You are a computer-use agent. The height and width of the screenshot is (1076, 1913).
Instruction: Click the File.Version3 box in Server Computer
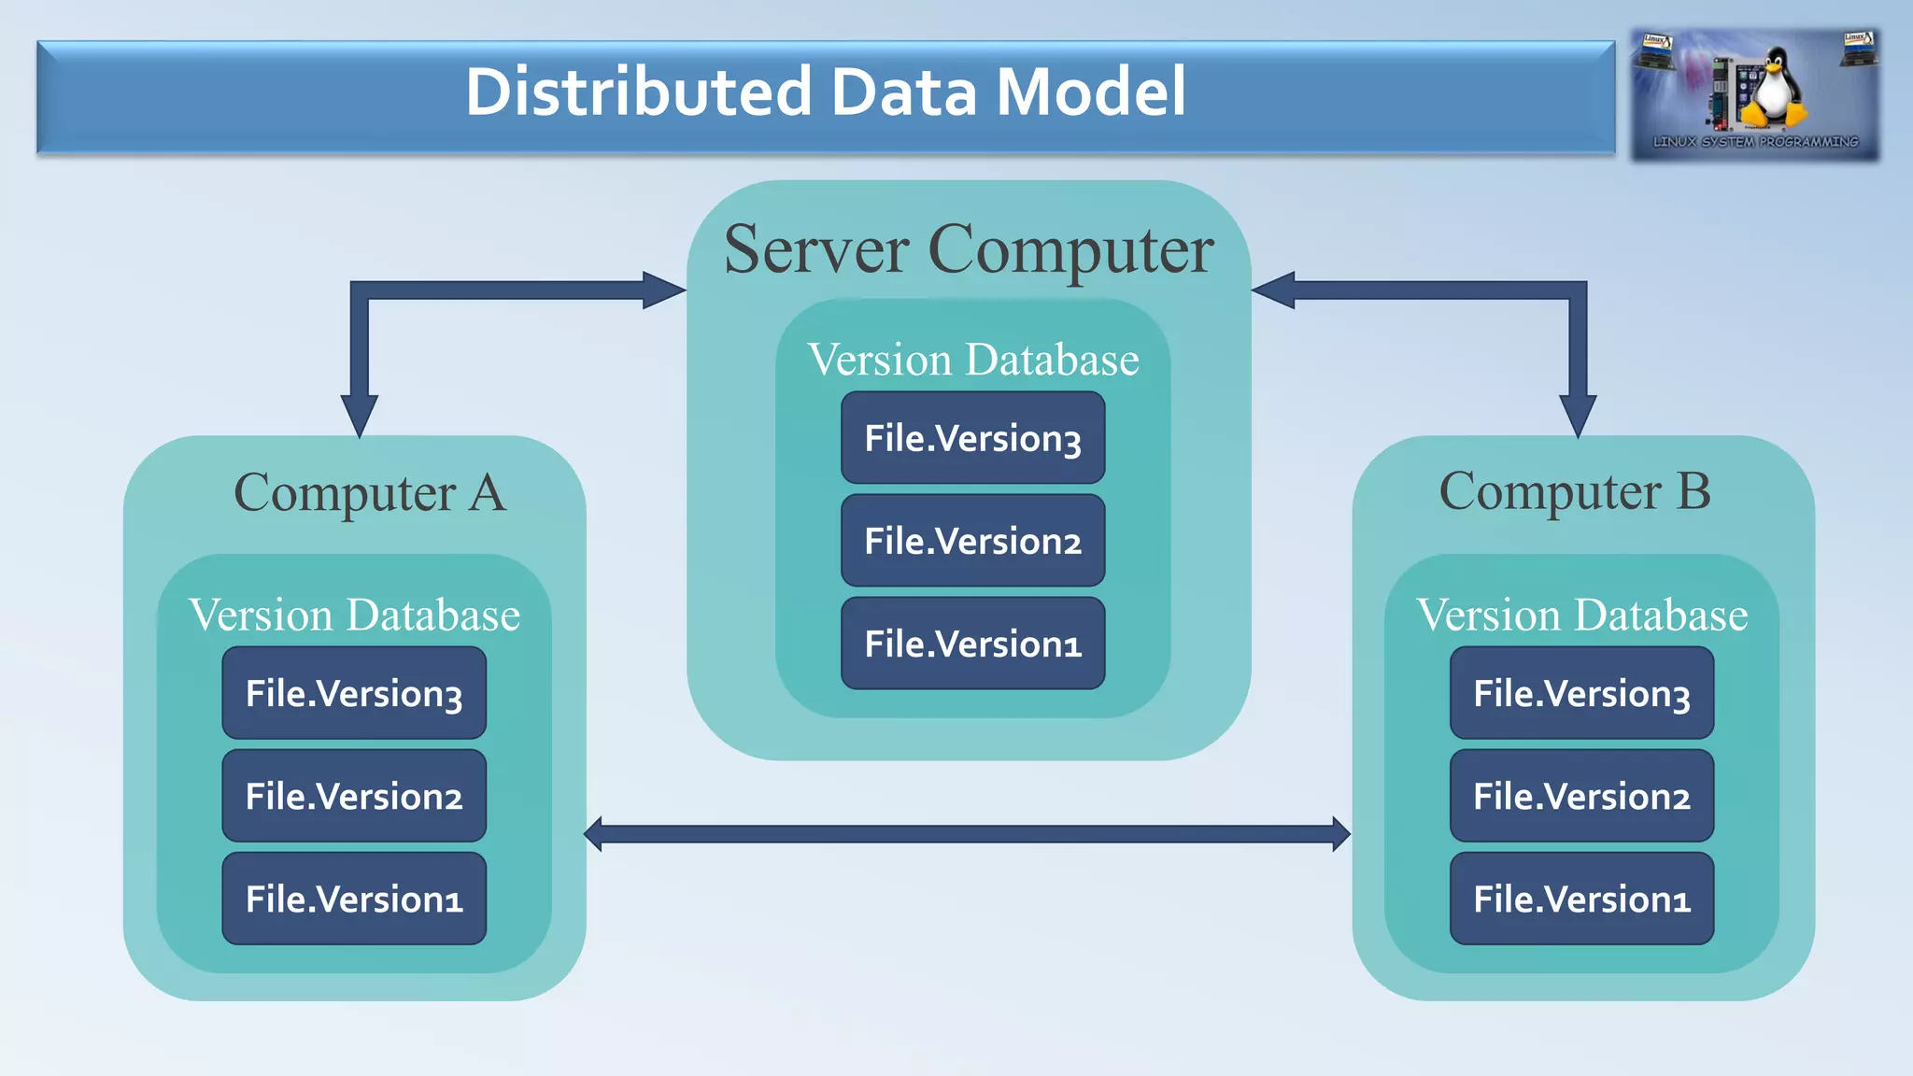(x=972, y=438)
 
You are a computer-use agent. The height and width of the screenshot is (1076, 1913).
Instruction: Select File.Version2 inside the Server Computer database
(x=972, y=541)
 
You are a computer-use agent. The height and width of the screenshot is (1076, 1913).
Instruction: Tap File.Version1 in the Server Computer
(x=972, y=644)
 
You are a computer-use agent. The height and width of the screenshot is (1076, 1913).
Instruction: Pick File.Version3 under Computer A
(x=354, y=693)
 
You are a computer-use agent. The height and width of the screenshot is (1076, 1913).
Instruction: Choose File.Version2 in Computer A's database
(x=354, y=796)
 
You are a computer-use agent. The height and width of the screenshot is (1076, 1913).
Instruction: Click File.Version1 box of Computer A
(x=354, y=899)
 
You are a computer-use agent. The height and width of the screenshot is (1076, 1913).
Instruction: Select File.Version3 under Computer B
(x=1581, y=693)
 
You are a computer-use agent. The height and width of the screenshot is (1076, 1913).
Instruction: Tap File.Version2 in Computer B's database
(x=1581, y=796)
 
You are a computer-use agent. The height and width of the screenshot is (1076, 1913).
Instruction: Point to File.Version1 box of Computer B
(x=1581, y=899)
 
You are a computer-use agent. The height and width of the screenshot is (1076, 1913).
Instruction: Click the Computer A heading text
(x=369, y=493)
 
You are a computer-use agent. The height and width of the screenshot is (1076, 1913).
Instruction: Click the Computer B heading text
(x=1575, y=491)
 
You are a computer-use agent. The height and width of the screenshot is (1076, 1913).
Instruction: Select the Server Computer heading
(x=969, y=250)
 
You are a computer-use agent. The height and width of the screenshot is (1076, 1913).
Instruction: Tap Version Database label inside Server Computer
(x=972, y=360)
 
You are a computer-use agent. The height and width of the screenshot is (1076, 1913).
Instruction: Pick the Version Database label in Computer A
(x=354, y=615)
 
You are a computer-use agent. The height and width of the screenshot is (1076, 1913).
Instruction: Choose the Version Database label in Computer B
(x=1581, y=615)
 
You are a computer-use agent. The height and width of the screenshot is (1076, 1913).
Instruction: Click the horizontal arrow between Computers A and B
(x=967, y=833)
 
